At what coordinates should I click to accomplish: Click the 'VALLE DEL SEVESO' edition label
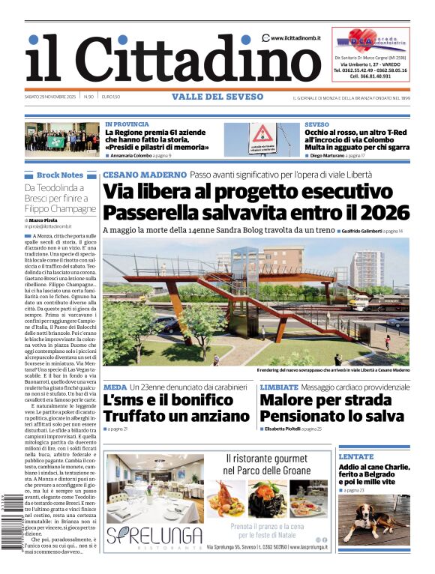pyautogui.click(x=217, y=97)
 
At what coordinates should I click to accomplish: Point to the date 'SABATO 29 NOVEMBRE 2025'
pyautogui.click(x=50, y=97)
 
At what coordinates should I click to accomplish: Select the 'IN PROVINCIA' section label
pyautogui.click(x=127, y=124)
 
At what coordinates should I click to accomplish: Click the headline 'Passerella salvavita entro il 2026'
pyautogui.click(x=256, y=211)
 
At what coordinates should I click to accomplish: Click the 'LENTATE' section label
pyautogui.click(x=355, y=456)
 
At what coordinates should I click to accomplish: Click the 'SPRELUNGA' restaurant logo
pyautogui.click(x=154, y=536)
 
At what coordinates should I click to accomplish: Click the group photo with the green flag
pyautogui.click(x=61, y=139)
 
